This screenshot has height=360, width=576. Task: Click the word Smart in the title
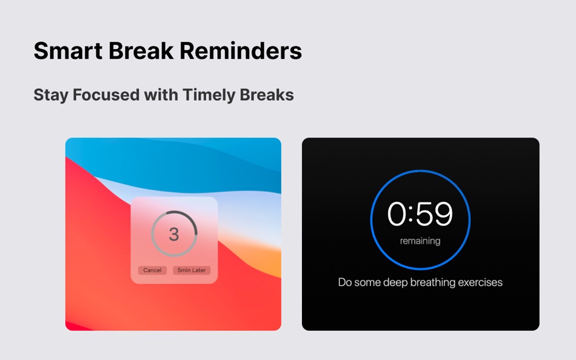tap(68, 51)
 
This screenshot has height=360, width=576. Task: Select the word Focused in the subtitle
tap(106, 95)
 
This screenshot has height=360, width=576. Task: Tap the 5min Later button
tap(192, 270)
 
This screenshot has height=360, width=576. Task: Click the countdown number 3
tap(174, 234)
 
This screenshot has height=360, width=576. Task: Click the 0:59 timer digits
tap(420, 214)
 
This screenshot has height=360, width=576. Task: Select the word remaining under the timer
tap(420, 241)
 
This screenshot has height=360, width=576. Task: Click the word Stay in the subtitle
tap(50, 95)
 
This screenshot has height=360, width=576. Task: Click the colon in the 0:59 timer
tap(410, 215)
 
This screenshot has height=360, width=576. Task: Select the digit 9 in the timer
tap(443, 214)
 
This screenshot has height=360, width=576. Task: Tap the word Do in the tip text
tap(345, 282)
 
